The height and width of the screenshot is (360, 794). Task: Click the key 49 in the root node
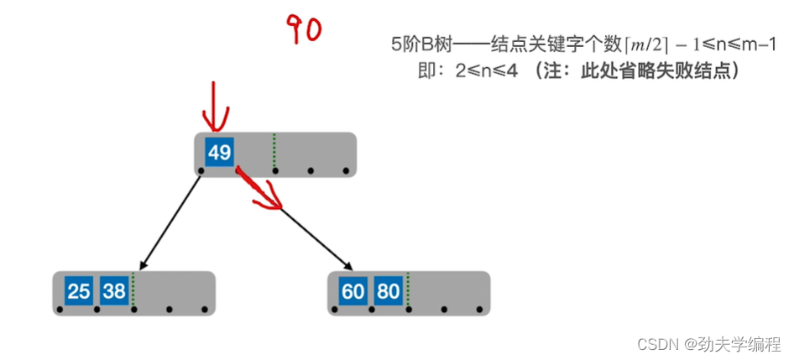tap(220, 153)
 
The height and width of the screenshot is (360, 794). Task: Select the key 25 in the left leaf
tap(79, 291)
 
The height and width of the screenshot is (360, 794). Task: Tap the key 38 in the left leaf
tap(114, 291)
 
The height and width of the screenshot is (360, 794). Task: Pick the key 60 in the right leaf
tap(353, 291)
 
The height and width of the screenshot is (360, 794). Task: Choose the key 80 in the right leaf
tap(388, 291)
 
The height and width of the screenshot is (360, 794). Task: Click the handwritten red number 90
tap(305, 29)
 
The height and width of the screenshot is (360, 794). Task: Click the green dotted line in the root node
tap(274, 151)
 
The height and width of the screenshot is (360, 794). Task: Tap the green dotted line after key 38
tap(133, 290)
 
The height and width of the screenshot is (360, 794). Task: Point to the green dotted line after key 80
tap(407, 290)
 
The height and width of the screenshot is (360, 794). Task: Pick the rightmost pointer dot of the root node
tap(346, 171)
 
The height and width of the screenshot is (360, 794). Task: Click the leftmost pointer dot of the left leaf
tap(60, 310)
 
